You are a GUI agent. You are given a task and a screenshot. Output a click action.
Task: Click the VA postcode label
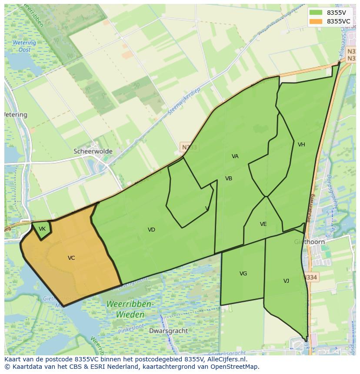(x=235, y=156)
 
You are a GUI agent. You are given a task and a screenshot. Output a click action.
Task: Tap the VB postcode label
(x=229, y=179)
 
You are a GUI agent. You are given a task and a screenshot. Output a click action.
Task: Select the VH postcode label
(x=301, y=145)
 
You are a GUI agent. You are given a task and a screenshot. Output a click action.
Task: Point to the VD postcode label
(x=151, y=230)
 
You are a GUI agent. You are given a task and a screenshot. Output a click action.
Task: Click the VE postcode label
(x=263, y=224)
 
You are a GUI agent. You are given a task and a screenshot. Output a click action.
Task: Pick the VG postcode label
(x=243, y=274)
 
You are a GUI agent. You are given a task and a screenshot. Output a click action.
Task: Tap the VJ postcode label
(x=286, y=281)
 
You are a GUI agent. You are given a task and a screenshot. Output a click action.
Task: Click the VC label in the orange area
(x=71, y=258)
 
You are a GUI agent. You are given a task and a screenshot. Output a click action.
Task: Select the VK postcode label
(x=42, y=229)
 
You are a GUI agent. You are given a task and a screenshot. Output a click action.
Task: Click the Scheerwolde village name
(x=93, y=152)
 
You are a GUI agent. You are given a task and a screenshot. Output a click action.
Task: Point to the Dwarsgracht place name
(x=168, y=331)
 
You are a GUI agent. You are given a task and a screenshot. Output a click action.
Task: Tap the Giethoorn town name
(x=310, y=242)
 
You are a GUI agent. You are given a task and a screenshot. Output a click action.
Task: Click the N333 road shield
(x=189, y=147)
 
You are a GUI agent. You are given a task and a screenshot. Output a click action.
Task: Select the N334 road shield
(x=310, y=277)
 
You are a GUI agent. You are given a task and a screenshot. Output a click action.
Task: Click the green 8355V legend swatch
(x=316, y=13)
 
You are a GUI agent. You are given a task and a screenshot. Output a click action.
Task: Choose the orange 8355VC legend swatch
(x=316, y=21)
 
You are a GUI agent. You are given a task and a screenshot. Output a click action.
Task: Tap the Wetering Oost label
(x=24, y=46)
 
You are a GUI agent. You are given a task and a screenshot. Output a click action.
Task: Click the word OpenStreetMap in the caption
(x=235, y=367)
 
